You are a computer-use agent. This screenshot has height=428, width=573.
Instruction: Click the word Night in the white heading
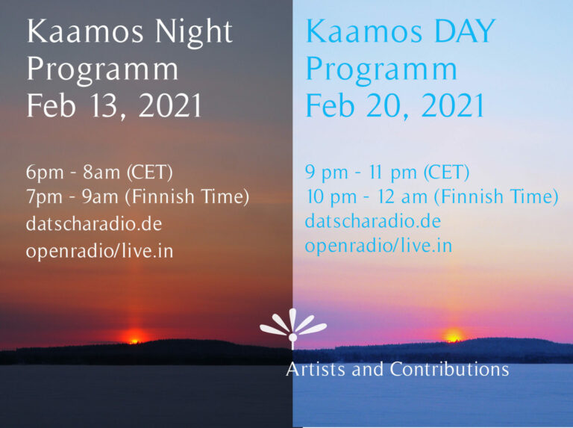(193, 33)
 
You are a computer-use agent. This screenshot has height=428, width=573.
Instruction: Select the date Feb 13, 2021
(114, 106)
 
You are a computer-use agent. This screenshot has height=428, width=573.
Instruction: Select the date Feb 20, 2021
(395, 106)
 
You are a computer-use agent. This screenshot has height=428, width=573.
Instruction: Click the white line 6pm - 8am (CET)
(99, 172)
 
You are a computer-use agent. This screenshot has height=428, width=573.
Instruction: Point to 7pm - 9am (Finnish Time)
(137, 196)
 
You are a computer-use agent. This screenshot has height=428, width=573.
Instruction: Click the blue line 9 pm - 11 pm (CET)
(387, 172)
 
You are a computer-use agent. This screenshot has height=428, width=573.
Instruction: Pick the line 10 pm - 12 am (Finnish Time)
(432, 196)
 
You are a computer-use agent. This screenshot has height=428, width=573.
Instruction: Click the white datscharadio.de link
(94, 223)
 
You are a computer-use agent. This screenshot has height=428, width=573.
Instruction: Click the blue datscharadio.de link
(373, 220)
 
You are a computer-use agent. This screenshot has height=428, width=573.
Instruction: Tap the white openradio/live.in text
(99, 251)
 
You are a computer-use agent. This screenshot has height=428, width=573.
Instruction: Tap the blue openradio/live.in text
(378, 246)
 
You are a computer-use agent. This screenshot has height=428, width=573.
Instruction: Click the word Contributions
(449, 369)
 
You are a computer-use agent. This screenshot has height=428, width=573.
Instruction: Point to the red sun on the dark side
(134, 337)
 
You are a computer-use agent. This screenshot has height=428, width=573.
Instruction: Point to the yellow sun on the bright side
(453, 335)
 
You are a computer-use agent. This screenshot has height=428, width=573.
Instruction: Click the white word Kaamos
(85, 31)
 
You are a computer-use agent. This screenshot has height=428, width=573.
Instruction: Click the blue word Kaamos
(364, 31)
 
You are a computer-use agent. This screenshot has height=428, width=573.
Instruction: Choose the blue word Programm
(381, 70)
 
